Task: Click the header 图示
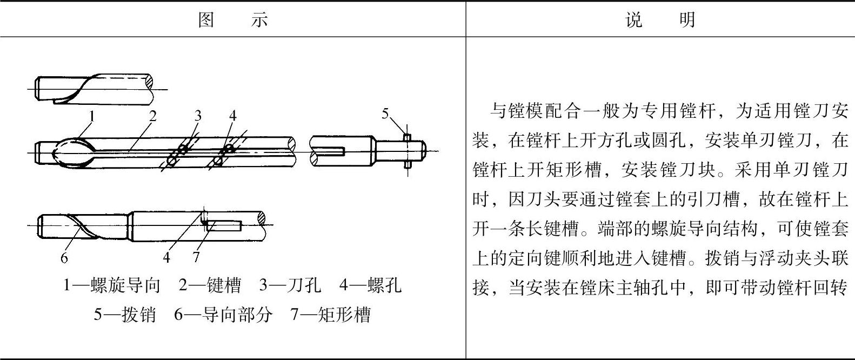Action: point(233,21)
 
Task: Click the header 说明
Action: point(660,21)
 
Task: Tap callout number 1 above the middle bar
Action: point(92,116)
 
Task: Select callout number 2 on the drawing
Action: point(153,116)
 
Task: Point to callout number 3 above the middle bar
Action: point(198,116)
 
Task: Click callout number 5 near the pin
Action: point(385,114)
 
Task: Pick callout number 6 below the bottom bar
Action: point(64,258)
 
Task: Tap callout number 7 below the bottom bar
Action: point(196,258)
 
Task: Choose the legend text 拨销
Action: point(139,314)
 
